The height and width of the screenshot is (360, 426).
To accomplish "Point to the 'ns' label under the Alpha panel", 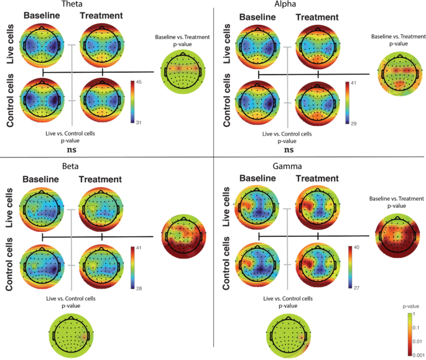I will click(x=289, y=149).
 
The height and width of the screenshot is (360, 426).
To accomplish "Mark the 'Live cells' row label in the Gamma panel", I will click(x=228, y=208).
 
